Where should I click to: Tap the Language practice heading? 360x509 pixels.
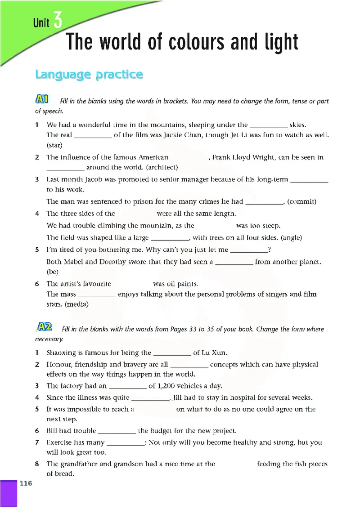(x=89, y=75)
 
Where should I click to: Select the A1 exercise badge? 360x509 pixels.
(x=44, y=99)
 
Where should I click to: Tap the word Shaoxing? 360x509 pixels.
(x=62, y=353)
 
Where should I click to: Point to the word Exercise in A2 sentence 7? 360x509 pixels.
(x=60, y=442)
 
